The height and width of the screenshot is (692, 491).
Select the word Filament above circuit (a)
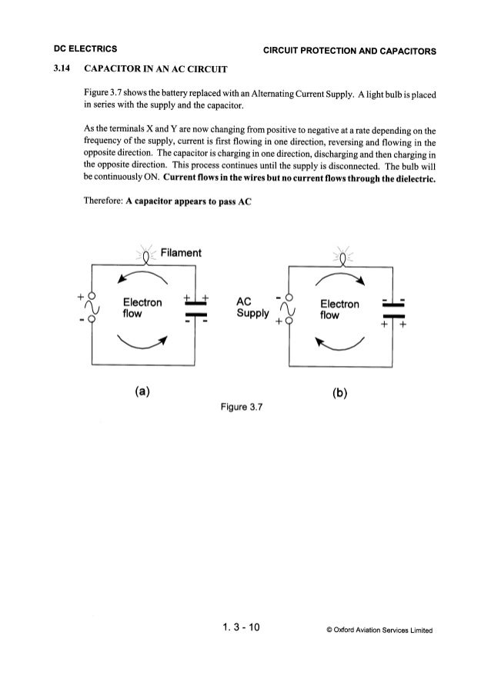180,253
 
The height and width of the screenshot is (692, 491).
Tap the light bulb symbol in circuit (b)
340,258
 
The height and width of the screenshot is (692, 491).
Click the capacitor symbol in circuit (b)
394,311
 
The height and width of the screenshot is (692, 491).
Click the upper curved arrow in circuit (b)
339,278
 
